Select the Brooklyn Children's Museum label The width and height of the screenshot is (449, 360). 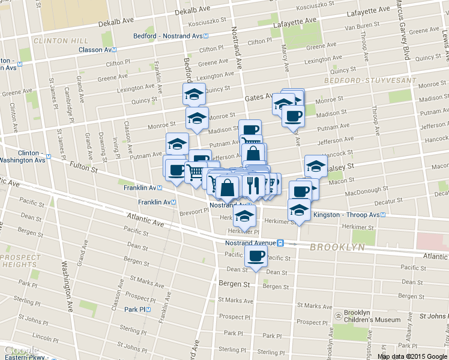pyautogui.click(x=372, y=316)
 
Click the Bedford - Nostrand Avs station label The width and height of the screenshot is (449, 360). pyautogui.click(x=167, y=36)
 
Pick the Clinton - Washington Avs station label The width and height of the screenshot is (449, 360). pyautogui.click(x=30, y=157)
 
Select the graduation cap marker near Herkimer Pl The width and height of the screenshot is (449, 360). pyautogui.click(x=244, y=215)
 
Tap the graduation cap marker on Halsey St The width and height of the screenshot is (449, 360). pyautogui.click(x=315, y=165)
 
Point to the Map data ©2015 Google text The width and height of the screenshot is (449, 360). pyautogui.click(x=411, y=356)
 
